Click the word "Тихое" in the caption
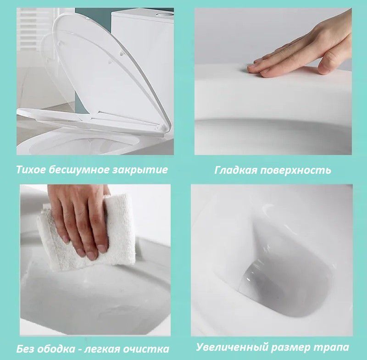click(x=31, y=170)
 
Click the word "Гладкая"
click(x=236, y=171)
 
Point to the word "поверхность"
click(x=296, y=171)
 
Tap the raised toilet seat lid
click(x=110, y=75)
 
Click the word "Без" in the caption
click(x=26, y=349)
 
